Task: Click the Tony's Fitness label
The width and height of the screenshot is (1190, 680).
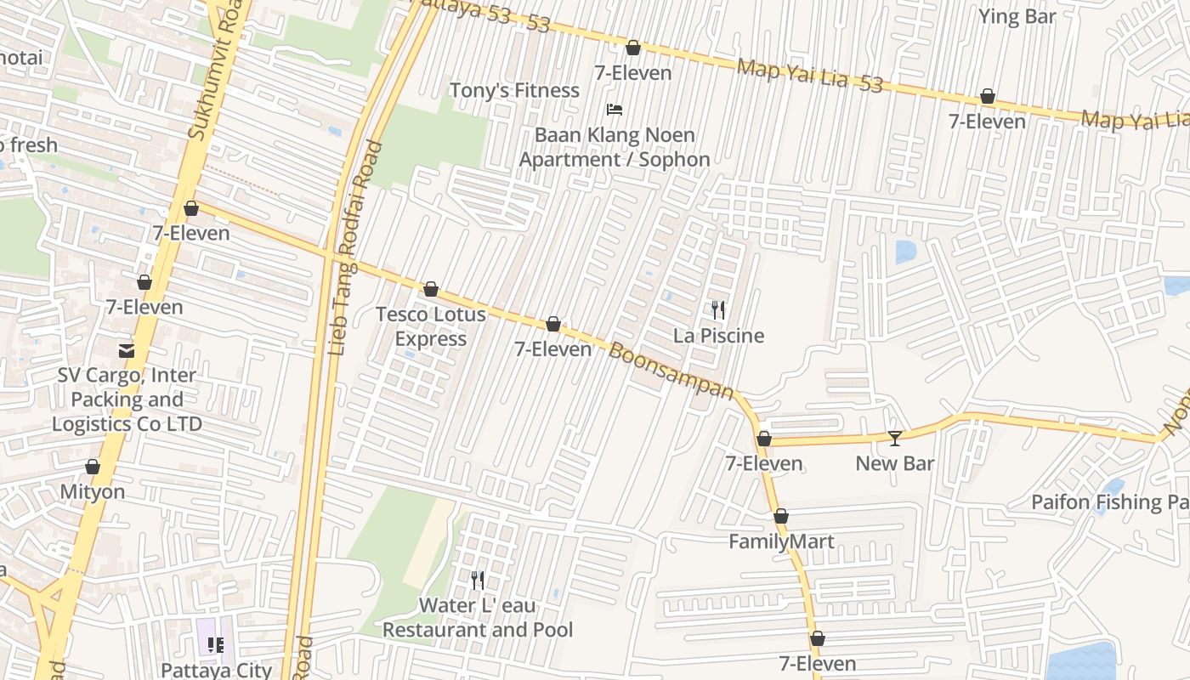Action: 513,90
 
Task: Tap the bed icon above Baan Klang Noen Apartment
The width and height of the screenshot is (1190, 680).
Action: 615,110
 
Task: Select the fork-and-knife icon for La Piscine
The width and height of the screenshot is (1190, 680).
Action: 718,310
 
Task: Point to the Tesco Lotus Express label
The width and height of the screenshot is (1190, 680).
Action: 431,326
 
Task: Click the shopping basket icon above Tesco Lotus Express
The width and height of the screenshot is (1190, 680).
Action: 431,290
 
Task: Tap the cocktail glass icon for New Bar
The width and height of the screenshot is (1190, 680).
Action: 894,439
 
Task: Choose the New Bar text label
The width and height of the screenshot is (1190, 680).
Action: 894,463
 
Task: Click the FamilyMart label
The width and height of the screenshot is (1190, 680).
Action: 781,541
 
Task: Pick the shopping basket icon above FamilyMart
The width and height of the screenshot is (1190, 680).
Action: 781,516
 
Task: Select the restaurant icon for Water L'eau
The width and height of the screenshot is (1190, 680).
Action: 478,581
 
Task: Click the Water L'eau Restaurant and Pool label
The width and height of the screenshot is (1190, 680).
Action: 478,617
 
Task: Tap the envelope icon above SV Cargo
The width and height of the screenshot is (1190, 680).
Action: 127,350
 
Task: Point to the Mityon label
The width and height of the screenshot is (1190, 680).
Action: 93,491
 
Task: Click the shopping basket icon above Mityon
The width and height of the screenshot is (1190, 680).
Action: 93,467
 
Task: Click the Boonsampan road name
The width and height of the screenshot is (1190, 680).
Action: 671,371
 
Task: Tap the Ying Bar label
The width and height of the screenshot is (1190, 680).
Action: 1017,16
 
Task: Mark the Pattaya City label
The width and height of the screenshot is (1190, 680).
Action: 216,670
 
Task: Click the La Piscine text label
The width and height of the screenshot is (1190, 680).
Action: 718,336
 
